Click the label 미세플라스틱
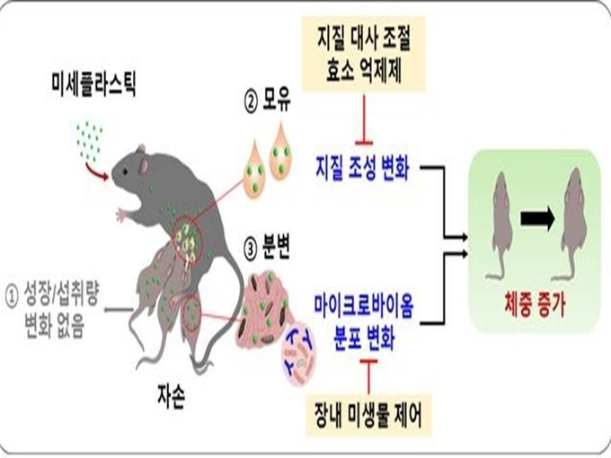(x=93, y=84)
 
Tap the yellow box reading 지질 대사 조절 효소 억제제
(x=364, y=54)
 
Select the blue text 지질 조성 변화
(x=362, y=168)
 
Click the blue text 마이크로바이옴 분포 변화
(x=364, y=321)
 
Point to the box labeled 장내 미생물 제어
(x=368, y=415)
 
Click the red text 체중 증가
(x=535, y=304)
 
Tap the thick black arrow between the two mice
(x=537, y=218)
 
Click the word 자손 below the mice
(x=171, y=396)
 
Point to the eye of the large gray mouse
(x=125, y=171)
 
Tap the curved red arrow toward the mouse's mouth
(x=97, y=172)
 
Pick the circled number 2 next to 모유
(x=251, y=102)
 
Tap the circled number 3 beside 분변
(x=251, y=250)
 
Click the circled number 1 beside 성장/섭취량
(x=12, y=297)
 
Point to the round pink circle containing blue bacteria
(x=299, y=355)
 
